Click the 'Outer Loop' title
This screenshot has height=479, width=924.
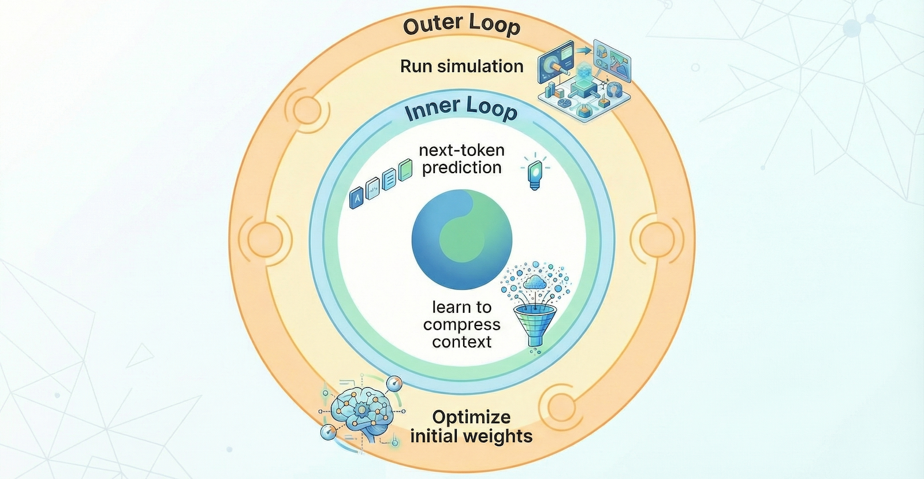tap(461, 26)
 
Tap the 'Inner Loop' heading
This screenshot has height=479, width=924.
tap(461, 108)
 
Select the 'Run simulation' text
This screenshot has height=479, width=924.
tap(461, 66)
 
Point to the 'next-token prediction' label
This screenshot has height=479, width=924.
tap(461, 159)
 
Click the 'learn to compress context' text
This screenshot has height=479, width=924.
tap(461, 324)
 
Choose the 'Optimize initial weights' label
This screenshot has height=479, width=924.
tap(471, 426)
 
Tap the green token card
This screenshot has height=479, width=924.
tap(405, 171)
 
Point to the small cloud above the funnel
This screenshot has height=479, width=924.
tap(534, 282)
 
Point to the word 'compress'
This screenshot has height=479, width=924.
tap(461, 324)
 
